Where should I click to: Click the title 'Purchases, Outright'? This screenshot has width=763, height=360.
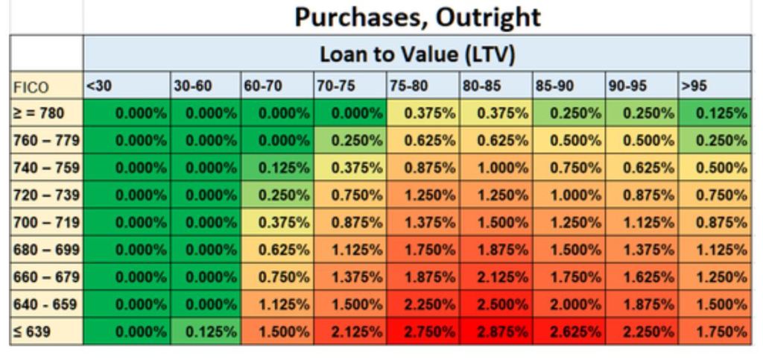(417, 16)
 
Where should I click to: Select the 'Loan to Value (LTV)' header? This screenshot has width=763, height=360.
(417, 54)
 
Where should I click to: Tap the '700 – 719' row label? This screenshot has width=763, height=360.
(46, 222)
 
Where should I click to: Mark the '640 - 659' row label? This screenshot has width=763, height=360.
(46, 304)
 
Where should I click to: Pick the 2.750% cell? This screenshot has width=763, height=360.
(424, 332)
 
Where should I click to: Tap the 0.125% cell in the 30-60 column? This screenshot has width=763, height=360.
(206, 332)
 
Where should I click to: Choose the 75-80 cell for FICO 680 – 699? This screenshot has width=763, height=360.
(424, 250)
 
